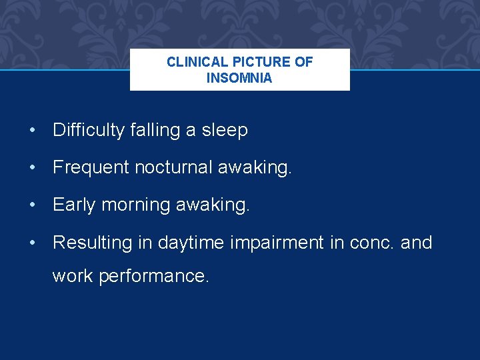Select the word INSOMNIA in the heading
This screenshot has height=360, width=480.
tap(239, 78)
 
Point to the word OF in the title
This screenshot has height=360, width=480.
tap(304, 62)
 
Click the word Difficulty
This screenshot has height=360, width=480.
tap(89, 130)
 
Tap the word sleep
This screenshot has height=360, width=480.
tap(225, 130)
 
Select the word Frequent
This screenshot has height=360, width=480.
tap(91, 167)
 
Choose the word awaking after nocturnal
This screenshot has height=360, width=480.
tap(255, 167)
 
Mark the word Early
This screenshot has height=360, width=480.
tap(74, 205)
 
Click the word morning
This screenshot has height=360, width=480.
tap(135, 205)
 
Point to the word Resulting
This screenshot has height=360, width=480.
tap(92, 242)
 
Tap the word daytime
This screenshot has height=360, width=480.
tap(191, 242)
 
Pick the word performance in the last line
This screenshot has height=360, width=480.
tap(154, 275)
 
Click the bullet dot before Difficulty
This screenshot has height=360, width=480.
tap(32, 130)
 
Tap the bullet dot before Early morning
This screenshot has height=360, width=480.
tap(32, 205)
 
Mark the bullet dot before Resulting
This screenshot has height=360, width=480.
tap(32, 242)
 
